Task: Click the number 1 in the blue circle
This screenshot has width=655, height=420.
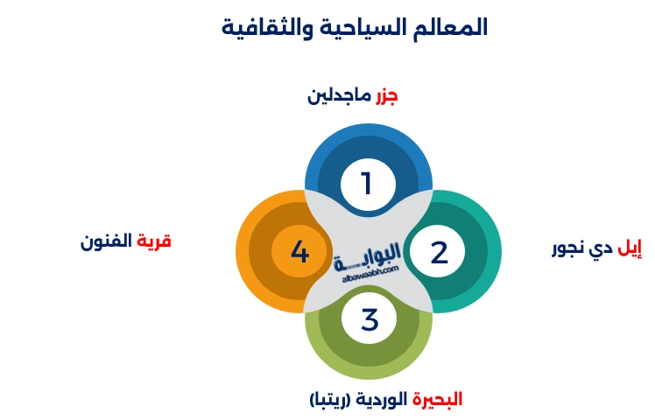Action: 367,184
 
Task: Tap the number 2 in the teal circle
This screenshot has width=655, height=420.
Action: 439,253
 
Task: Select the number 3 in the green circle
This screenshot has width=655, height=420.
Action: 369,319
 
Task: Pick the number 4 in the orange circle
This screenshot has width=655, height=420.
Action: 299,253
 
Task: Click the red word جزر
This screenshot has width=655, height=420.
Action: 386,94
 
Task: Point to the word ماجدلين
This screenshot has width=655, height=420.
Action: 340,94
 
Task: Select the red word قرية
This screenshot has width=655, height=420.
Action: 153,241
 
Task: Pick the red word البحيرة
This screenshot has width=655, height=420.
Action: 438,399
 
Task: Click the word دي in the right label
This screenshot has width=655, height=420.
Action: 602,248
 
